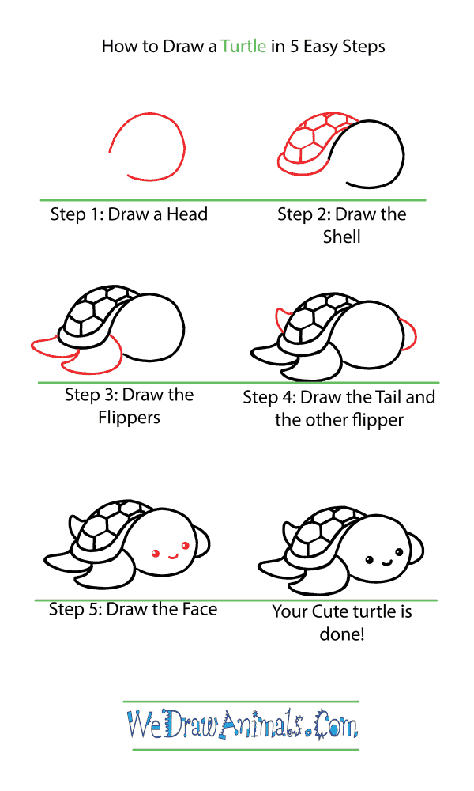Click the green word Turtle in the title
[x=243, y=47]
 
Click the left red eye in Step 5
[x=156, y=551]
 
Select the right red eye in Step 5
[x=186, y=544]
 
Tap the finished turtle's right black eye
[x=401, y=553]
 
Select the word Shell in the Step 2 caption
[x=341, y=237]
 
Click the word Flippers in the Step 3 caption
[x=130, y=417]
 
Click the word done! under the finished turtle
[x=341, y=634]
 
